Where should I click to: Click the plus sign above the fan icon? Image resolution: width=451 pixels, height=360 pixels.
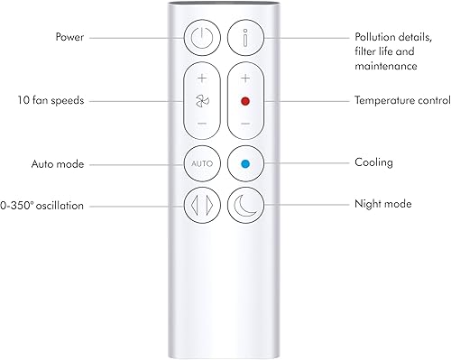coord(201,78)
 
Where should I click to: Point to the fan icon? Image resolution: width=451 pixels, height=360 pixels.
coord(201,100)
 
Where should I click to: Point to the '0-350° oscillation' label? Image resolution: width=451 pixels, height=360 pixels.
coord(42,205)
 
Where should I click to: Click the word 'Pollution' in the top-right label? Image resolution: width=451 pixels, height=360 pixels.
coord(373,38)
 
